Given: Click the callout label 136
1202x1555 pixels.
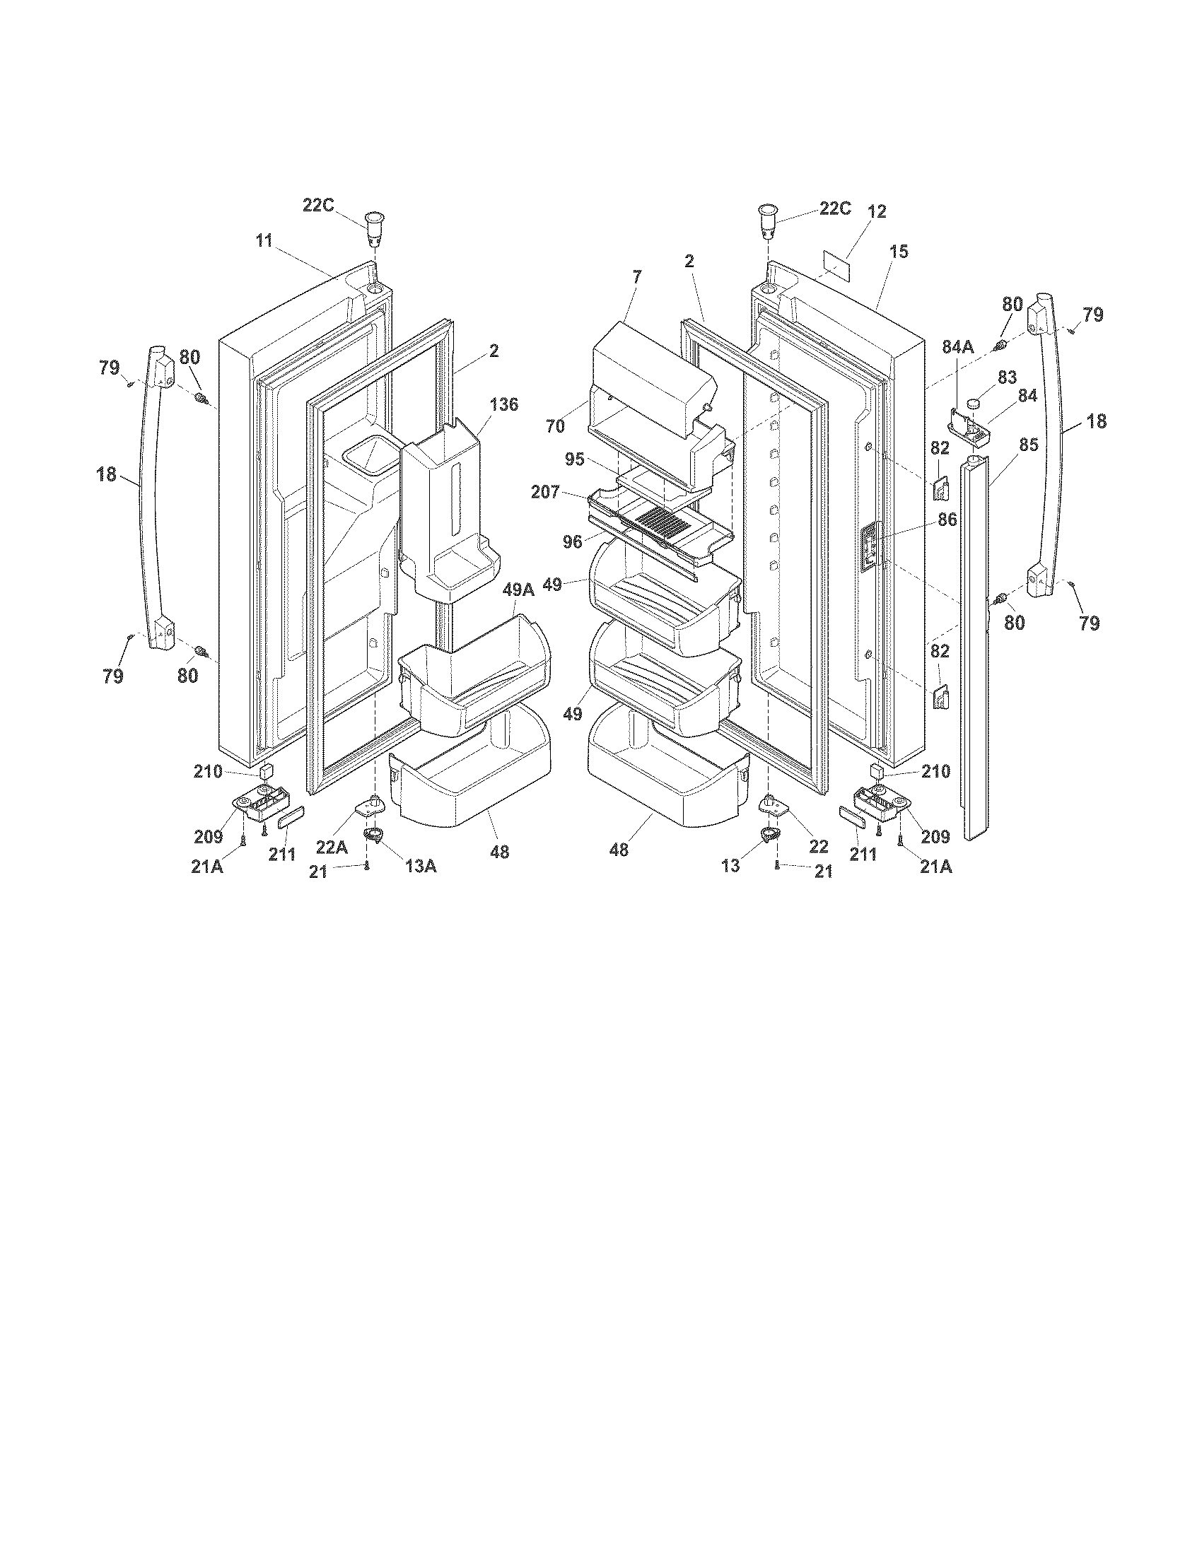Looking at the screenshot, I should tap(503, 405).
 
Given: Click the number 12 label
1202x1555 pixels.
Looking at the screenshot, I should tap(877, 211).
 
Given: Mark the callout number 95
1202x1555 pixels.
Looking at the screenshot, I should tap(575, 459).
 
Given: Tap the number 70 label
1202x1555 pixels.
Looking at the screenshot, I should tap(555, 426).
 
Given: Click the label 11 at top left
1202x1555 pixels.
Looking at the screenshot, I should tap(264, 240).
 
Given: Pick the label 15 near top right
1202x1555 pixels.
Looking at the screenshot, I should tap(899, 252).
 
